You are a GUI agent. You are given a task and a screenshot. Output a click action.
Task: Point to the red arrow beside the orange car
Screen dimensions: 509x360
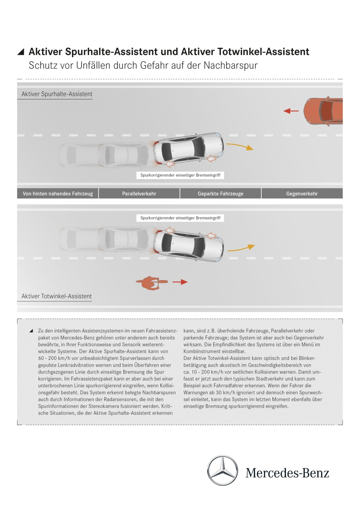point(291,111)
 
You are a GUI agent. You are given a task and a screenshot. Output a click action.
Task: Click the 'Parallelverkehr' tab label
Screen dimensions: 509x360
point(139,194)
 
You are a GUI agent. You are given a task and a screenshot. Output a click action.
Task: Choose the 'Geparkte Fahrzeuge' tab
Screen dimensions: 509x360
point(220,194)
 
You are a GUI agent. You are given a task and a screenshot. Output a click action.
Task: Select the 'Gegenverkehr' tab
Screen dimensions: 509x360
point(302,194)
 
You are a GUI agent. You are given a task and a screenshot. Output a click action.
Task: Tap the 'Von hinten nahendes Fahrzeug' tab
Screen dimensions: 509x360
point(58,194)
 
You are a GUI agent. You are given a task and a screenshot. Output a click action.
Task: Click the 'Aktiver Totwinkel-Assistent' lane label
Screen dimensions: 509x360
point(56,296)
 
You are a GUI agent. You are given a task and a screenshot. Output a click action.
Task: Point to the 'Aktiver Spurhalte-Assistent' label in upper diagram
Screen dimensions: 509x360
point(57,94)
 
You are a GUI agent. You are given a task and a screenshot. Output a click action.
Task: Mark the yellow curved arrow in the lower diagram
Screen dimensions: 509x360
point(241,248)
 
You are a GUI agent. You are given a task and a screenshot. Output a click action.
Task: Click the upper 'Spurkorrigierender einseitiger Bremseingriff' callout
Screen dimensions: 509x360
point(180,175)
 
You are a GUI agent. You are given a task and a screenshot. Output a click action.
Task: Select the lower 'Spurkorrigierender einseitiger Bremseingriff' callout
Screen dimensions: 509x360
point(180,218)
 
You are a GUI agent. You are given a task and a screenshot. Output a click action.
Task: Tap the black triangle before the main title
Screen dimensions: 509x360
point(21,52)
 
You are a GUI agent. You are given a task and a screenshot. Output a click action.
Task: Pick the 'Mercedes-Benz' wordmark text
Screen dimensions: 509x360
point(287,473)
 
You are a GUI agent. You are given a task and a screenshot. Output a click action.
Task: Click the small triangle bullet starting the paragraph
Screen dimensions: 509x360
point(31,331)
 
